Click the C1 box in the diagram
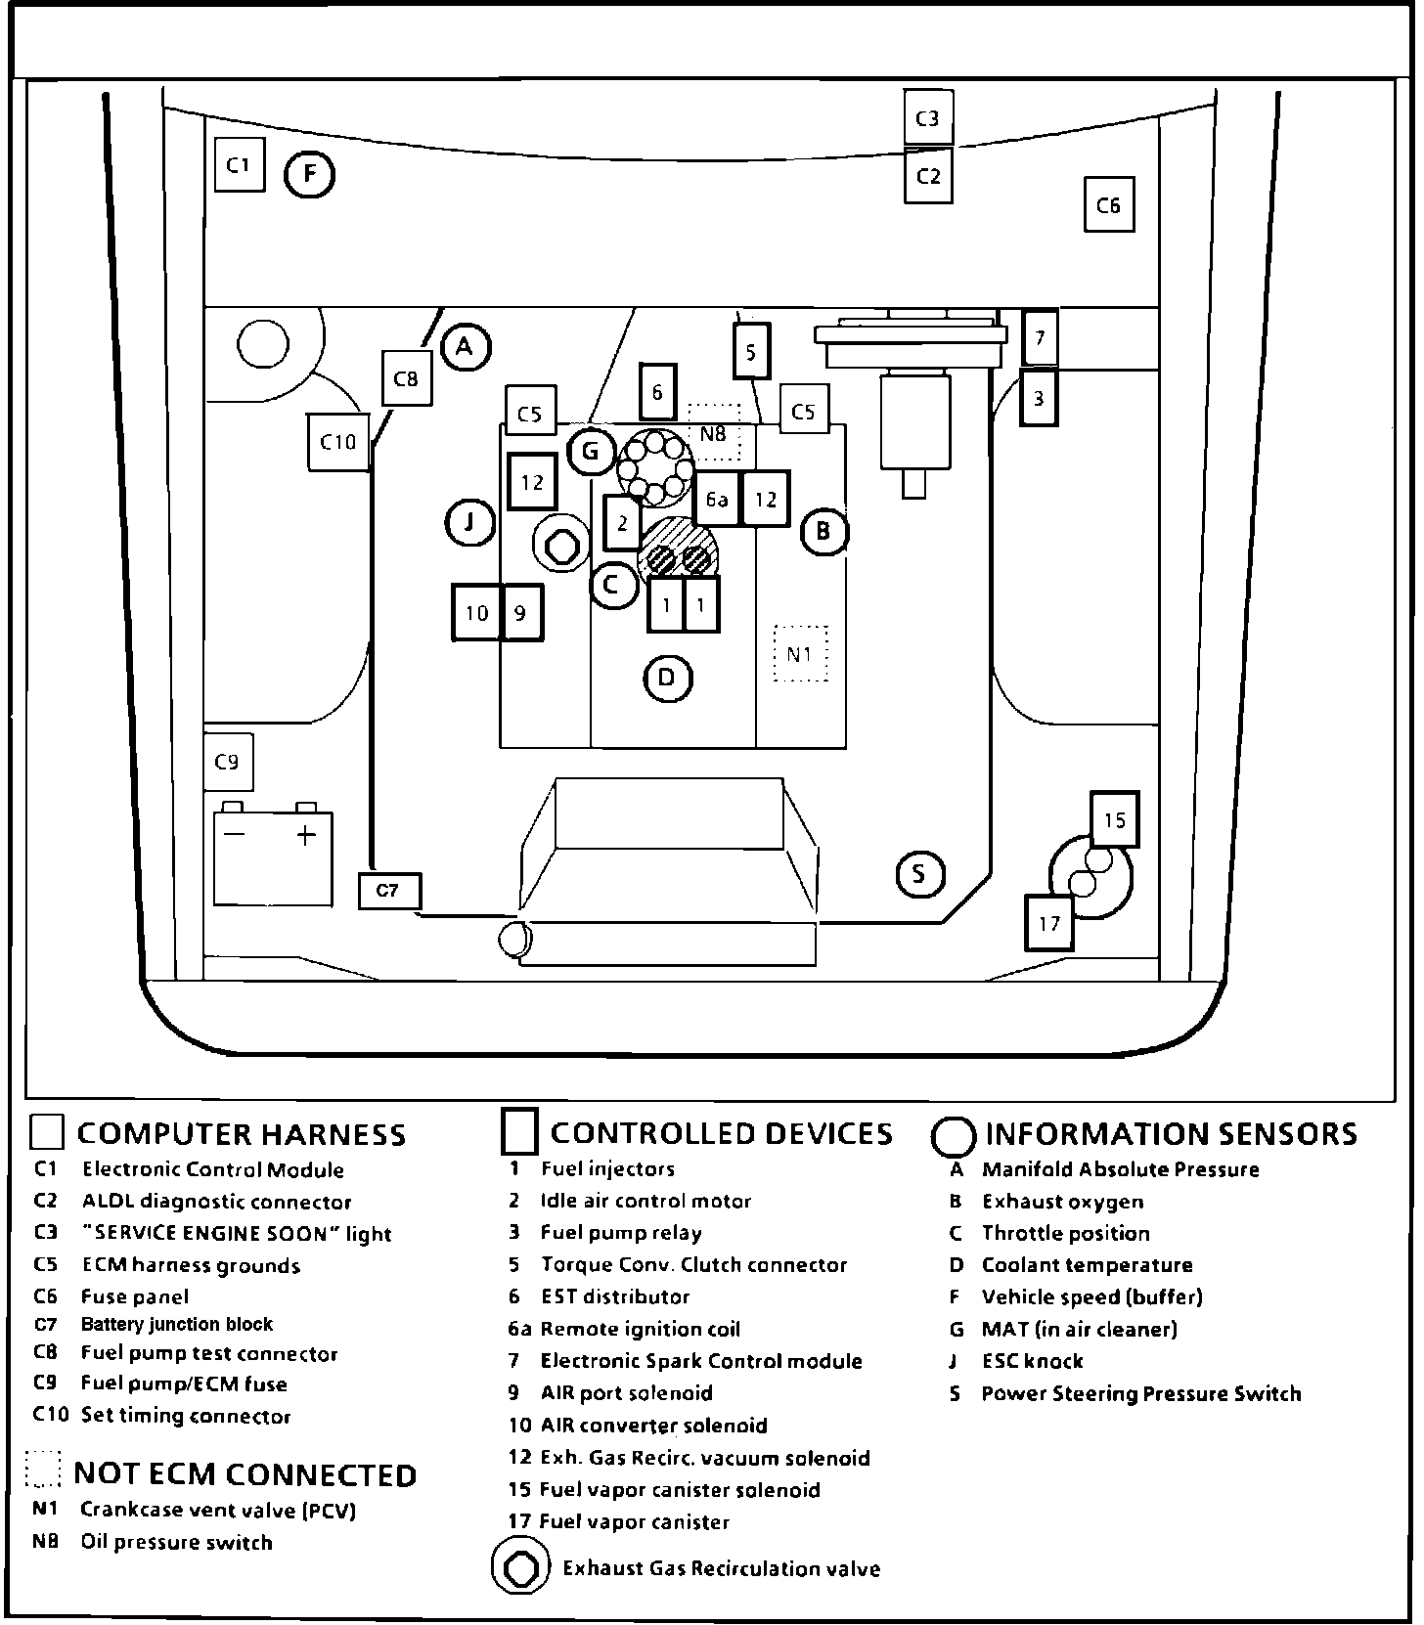[x=240, y=165]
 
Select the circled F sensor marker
[x=309, y=175]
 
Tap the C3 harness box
[x=927, y=118]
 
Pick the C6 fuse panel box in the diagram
[x=1108, y=205]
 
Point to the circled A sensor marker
[x=466, y=346]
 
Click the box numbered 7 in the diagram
[x=1039, y=338]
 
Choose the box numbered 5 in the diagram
[x=751, y=351]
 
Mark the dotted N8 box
[x=714, y=432]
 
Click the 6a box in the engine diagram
[x=717, y=500]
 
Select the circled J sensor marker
[x=470, y=522]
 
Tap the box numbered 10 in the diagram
[x=476, y=613]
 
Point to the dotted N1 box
[x=800, y=653]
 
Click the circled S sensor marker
[x=919, y=874]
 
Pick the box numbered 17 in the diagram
[x=1048, y=923]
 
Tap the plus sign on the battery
[x=306, y=835]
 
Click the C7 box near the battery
[x=388, y=891]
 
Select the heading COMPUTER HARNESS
[x=241, y=1134]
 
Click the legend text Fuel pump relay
[x=620, y=1233]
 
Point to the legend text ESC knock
[x=1032, y=1361]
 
